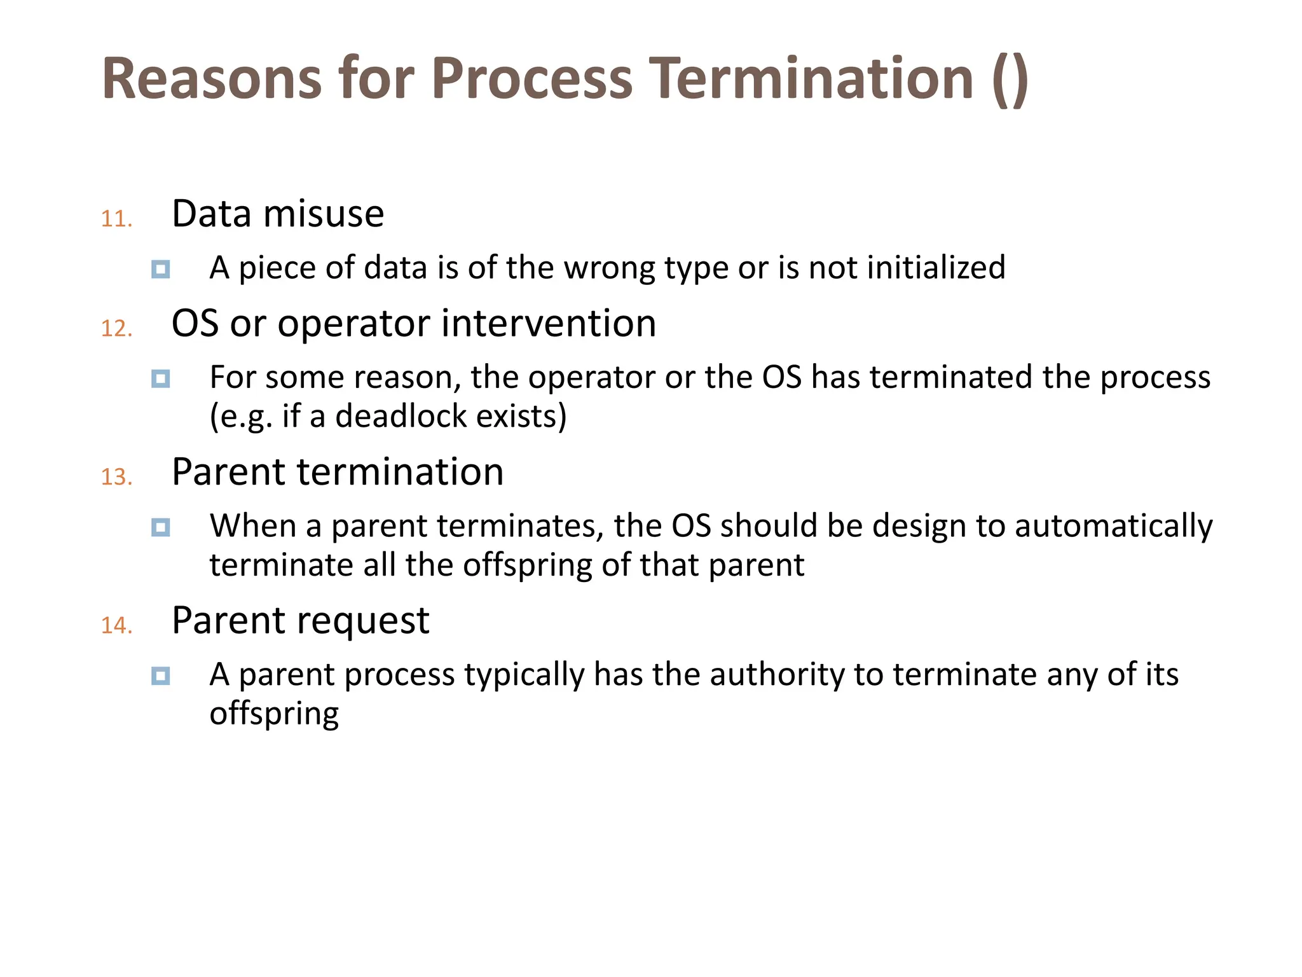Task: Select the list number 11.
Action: (x=116, y=219)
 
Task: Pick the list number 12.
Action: (x=116, y=329)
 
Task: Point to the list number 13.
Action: (x=116, y=477)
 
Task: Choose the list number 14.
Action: (x=116, y=625)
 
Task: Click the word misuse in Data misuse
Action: (x=324, y=214)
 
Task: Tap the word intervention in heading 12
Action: (x=549, y=323)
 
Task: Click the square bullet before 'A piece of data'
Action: (x=161, y=269)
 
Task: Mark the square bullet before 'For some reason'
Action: (x=161, y=379)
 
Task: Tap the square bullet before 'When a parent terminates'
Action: (x=161, y=527)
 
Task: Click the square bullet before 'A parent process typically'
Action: (x=161, y=676)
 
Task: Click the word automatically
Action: (x=1113, y=527)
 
